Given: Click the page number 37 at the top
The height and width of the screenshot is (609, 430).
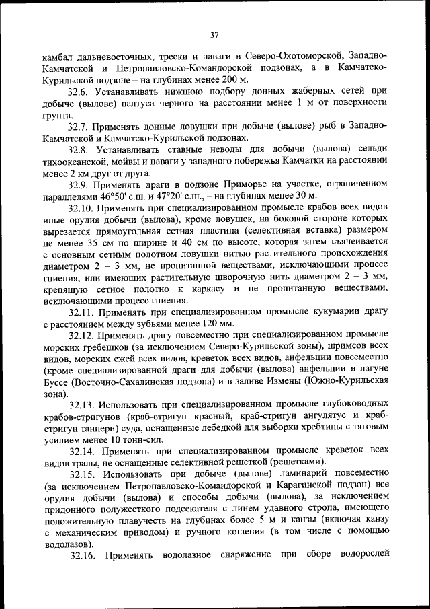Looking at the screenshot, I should click(214, 35).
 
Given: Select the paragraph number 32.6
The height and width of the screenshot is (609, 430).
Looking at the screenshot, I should click(79, 90).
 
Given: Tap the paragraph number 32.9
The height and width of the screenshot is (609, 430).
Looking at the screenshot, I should click(79, 184).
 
